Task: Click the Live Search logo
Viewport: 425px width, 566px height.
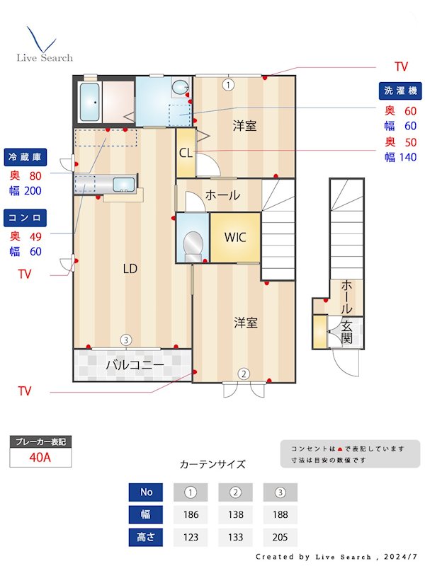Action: (x=44, y=45)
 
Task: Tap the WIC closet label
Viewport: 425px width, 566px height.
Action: (x=235, y=237)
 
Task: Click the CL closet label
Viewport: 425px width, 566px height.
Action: (x=185, y=152)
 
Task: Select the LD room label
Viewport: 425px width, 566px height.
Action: (x=130, y=269)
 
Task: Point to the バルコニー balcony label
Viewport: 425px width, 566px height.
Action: (x=135, y=365)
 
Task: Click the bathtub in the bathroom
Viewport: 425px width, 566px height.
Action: (x=89, y=102)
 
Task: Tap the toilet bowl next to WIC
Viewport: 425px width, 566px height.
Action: (x=192, y=245)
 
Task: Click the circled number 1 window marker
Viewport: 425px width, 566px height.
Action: (x=227, y=85)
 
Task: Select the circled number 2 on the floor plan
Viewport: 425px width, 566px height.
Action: (x=243, y=374)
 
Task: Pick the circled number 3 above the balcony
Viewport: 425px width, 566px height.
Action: (x=125, y=340)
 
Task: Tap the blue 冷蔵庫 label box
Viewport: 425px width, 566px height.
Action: (x=25, y=156)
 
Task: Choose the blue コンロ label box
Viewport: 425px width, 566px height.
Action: (x=25, y=216)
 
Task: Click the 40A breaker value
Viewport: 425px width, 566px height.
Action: (x=40, y=457)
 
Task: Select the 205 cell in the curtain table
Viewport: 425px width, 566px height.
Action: (x=280, y=537)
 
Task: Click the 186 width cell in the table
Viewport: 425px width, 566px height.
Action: (x=191, y=514)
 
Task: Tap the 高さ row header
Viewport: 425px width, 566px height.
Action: (x=146, y=537)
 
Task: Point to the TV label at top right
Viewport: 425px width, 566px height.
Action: (x=401, y=67)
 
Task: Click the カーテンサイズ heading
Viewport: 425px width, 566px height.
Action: (x=212, y=464)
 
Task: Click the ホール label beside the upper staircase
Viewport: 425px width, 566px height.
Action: (x=222, y=195)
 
